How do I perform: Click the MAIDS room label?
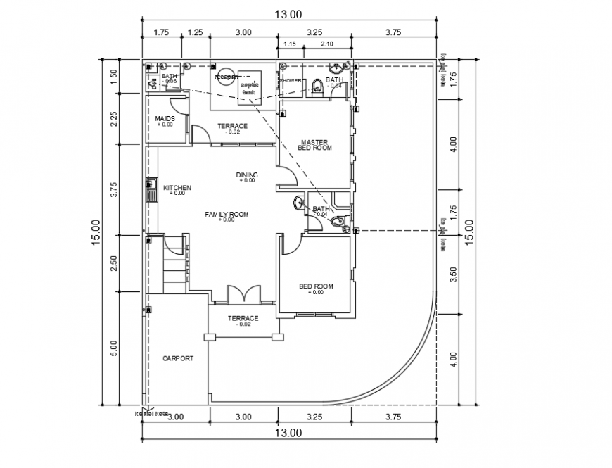(x=165, y=118)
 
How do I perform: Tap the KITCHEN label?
(x=177, y=188)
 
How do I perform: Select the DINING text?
(x=247, y=175)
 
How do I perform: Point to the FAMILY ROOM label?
(x=227, y=214)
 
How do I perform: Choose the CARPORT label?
(x=177, y=358)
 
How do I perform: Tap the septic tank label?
(x=250, y=88)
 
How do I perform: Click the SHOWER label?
(x=291, y=81)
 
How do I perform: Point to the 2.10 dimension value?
(x=326, y=44)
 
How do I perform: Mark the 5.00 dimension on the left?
(x=114, y=348)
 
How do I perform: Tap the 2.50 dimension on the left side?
(x=114, y=263)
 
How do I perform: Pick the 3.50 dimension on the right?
(x=454, y=273)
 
